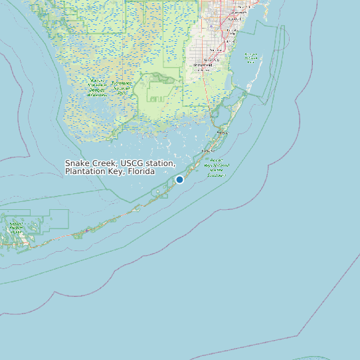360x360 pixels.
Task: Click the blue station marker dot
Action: click(179, 179)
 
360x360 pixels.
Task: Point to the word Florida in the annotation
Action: click(140, 171)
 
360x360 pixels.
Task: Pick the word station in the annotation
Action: click(161, 163)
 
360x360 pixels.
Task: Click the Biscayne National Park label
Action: click(250, 56)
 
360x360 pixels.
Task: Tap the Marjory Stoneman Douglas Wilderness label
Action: click(96, 88)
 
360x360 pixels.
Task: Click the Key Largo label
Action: click(222, 133)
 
